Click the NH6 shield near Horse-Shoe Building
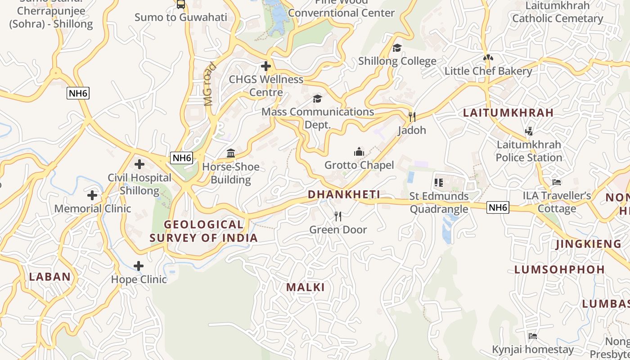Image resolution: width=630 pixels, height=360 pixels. coord(182,158)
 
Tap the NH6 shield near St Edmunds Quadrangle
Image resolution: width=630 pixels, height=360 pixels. coord(498,207)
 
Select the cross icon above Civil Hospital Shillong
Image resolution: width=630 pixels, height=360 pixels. coord(139,164)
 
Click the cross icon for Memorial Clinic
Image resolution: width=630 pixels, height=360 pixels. coord(92,195)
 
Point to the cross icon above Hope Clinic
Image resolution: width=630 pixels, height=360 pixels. coord(139,266)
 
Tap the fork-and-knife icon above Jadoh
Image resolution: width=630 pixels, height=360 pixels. coord(412,117)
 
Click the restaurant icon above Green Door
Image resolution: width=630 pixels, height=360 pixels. coord(338,216)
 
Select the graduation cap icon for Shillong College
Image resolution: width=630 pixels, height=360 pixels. coord(397,48)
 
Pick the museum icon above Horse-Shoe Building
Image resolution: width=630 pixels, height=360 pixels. coord(231,153)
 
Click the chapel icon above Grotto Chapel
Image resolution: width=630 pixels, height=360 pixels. coord(359,152)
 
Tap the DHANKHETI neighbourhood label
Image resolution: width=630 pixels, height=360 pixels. coord(344,194)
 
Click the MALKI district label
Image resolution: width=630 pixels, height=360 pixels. coord(306,287)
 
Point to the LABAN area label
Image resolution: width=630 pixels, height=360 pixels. coord(50,277)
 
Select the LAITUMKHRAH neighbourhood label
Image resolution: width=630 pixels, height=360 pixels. coord(508,113)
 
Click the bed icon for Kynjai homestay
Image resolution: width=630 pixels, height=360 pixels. coord(533,336)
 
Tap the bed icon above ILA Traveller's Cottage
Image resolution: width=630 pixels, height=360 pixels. coord(557,182)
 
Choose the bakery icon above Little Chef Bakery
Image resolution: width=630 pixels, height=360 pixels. coord(488,58)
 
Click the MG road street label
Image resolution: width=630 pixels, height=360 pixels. coord(209,84)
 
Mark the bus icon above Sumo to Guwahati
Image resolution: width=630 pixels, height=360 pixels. coord(181,4)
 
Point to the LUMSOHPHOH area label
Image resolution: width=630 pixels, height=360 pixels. coord(559,270)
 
